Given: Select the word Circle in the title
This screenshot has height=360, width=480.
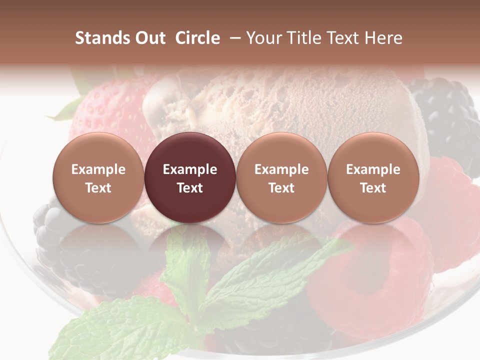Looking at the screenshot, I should pyautogui.click(x=197, y=38).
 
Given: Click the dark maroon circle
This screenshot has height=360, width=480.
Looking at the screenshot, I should pyautogui.click(x=190, y=177).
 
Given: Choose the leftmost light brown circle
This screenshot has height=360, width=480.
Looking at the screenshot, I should pyautogui.click(x=98, y=177).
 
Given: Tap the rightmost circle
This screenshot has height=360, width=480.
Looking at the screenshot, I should pyautogui.click(x=373, y=177).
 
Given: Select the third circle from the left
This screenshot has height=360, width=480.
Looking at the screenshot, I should pyautogui.click(x=281, y=177).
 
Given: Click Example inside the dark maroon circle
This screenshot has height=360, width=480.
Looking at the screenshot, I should pyautogui.click(x=190, y=169).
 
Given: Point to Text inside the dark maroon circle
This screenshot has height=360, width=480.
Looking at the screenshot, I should pyautogui.click(x=190, y=188).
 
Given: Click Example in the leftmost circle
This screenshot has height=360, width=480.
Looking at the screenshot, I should pyautogui.click(x=98, y=169).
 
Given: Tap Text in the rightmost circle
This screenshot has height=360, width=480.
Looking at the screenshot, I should pyautogui.click(x=373, y=188).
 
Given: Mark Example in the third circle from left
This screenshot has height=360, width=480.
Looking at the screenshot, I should pyautogui.click(x=281, y=169).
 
